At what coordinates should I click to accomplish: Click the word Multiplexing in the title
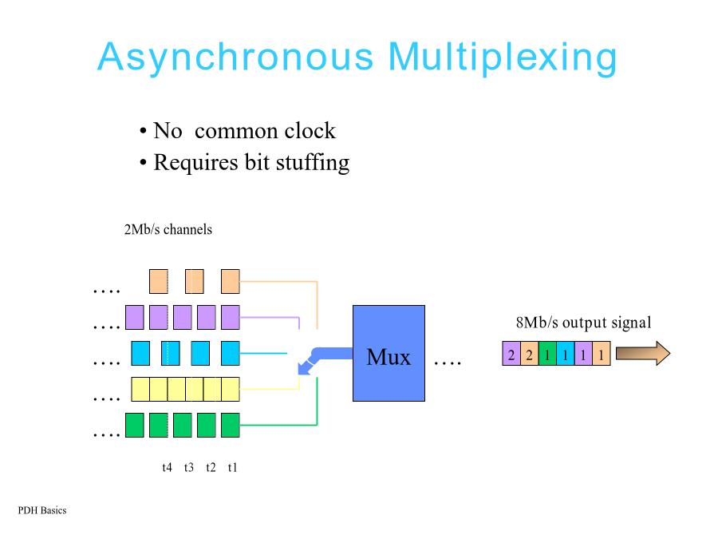coord(503,57)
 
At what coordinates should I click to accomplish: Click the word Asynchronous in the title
coord(236,57)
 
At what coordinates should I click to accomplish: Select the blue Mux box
coord(389,354)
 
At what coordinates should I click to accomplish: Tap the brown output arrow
coord(643,354)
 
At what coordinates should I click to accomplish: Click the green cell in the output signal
coord(547,354)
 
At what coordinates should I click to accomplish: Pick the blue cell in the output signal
coord(565,354)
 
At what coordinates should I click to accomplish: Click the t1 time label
coord(233,467)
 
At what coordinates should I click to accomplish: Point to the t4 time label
coord(168,467)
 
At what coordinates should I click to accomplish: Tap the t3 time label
coord(188,467)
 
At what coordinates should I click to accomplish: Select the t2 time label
coord(211,467)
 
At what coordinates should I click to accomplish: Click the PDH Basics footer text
coord(42,510)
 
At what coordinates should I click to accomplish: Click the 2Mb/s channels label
coord(168,229)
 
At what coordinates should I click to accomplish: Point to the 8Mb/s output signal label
coord(583,323)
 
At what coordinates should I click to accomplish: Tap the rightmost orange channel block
coord(231,281)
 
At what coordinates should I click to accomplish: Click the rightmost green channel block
coord(231,425)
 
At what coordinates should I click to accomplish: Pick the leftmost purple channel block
coord(135,317)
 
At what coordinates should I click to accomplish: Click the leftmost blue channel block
coord(140,354)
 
